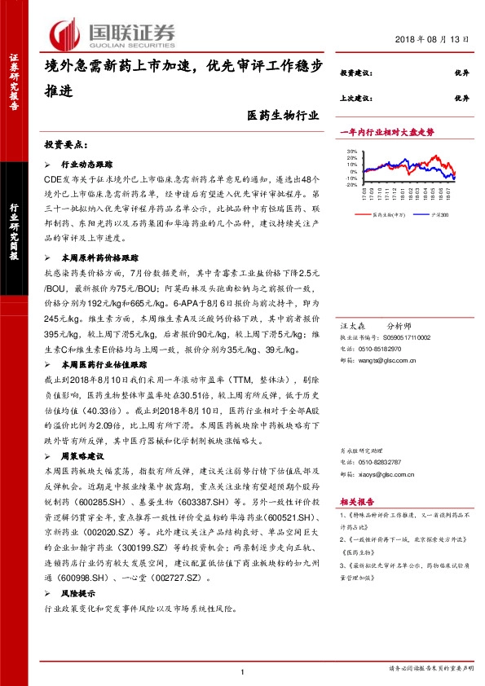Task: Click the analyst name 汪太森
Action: (x=351, y=324)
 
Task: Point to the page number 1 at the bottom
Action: (x=243, y=671)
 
